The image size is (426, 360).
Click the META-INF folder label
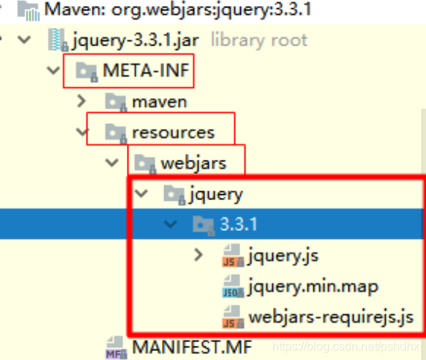[x=146, y=70]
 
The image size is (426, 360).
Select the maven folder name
[x=160, y=102]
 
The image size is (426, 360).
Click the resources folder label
[x=173, y=133]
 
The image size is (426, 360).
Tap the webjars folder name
[x=193, y=163]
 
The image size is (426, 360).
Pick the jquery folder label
[x=216, y=194]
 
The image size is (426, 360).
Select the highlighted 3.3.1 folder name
[x=238, y=224]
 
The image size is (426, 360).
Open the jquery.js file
[x=283, y=256]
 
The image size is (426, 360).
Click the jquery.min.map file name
[x=313, y=287]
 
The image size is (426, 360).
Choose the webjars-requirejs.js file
[x=331, y=317]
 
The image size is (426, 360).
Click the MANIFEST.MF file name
[x=192, y=347]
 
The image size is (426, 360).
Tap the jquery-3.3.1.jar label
[x=135, y=41]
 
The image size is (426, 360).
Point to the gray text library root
[x=259, y=40]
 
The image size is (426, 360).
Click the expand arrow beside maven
[x=81, y=101]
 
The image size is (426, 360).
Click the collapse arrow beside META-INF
[x=53, y=70]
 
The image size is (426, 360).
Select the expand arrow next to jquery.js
[x=198, y=255]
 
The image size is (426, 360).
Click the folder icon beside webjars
[x=145, y=164]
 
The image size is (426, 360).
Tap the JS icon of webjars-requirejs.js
[x=233, y=317]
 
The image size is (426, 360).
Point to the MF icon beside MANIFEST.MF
[x=116, y=348]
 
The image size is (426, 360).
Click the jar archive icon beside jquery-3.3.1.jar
[x=58, y=40]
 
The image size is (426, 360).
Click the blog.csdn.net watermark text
[x=345, y=346]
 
